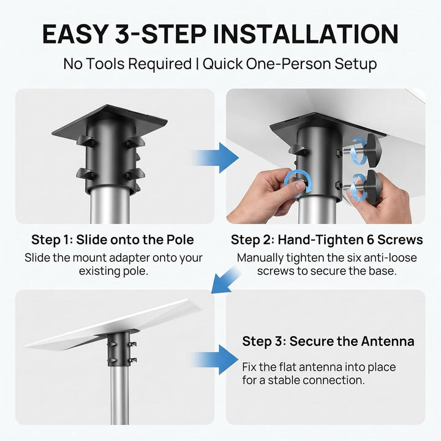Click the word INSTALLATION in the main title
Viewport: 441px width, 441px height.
(x=306, y=34)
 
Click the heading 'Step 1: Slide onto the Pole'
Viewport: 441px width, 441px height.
(x=113, y=240)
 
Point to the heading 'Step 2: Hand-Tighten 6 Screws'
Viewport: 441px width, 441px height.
(x=327, y=240)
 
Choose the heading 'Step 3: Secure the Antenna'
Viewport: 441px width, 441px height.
(x=328, y=341)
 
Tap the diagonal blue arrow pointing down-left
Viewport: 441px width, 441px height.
(x=226, y=279)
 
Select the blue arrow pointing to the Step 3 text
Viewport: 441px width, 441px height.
(x=216, y=360)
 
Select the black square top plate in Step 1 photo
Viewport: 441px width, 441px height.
(x=110, y=120)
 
